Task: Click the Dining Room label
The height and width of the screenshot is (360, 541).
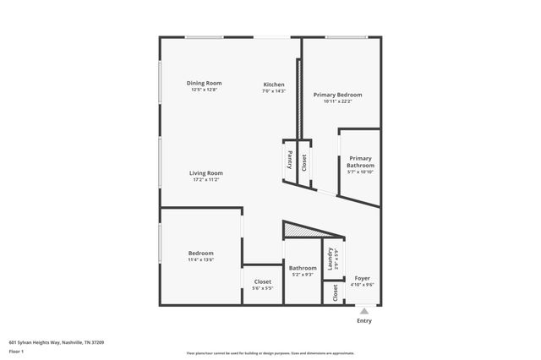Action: click(205, 83)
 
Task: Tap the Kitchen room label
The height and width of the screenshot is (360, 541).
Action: click(274, 85)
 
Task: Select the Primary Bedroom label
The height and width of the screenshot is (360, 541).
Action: click(337, 95)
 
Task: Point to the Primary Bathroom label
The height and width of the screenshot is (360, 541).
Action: click(360, 161)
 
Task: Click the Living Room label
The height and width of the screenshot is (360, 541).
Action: click(206, 173)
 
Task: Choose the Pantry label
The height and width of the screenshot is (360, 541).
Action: click(289, 158)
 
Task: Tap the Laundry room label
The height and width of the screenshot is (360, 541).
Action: click(330, 259)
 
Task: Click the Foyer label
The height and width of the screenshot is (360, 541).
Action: click(362, 278)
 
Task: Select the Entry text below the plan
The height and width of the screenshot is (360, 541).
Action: click(363, 321)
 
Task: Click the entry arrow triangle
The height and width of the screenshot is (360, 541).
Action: click(363, 311)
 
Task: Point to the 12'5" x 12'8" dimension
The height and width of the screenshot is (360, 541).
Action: click(205, 90)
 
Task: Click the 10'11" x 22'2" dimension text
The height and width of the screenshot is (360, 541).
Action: click(337, 101)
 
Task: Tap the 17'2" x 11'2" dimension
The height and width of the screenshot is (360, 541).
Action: click(206, 180)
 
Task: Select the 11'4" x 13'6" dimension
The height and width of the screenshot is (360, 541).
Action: click(200, 260)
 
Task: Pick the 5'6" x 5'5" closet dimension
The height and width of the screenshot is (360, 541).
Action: click(262, 288)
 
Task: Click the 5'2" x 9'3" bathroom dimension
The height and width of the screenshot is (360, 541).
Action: click(303, 275)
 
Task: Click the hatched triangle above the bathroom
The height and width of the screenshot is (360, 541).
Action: click(301, 229)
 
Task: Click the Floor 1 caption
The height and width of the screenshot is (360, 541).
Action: click(17, 352)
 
